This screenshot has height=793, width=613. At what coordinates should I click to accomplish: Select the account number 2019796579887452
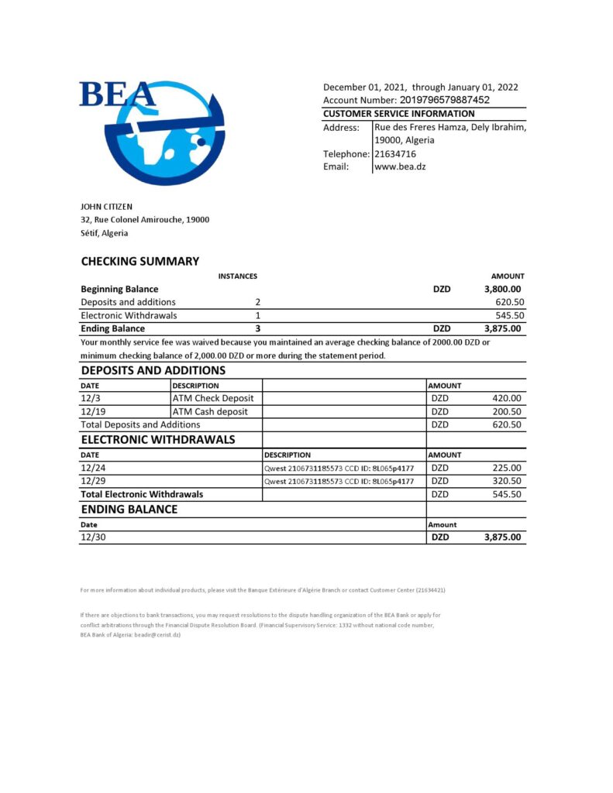pos(444,100)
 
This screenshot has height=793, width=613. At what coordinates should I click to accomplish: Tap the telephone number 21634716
pos(395,153)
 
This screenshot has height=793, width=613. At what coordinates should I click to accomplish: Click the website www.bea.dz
pos(400,166)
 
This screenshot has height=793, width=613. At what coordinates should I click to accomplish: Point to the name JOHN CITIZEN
pos(107,207)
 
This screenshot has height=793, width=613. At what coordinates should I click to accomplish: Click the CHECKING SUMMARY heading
pos(139,261)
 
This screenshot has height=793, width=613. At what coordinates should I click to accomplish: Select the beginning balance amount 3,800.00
pos(502,289)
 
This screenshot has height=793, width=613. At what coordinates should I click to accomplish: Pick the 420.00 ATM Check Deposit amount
pos(507,398)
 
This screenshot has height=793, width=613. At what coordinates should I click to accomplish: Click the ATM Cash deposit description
pos(210,411)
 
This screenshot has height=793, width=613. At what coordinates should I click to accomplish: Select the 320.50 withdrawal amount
pos(507,480)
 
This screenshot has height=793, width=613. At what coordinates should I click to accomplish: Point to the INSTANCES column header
pos(237,276)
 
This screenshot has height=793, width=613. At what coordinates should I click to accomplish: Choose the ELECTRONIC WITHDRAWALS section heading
pos(158,440)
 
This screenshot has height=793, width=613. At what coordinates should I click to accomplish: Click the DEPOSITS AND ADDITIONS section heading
pos(153,370)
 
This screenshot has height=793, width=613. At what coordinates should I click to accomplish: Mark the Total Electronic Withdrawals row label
pos(142,493)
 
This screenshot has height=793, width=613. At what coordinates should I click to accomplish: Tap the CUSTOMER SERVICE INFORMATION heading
pos(398,114)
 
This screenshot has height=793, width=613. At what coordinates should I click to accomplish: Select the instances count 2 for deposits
pos(258,302)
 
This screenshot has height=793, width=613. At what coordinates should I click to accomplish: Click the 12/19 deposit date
pos(91,411)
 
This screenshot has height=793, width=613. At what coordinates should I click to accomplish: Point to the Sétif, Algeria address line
pos(105,232)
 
